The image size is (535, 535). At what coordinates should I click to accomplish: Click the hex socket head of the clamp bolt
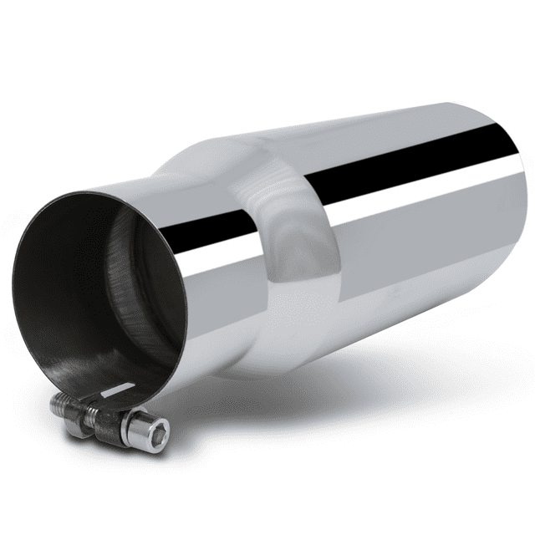coord(152,430)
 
